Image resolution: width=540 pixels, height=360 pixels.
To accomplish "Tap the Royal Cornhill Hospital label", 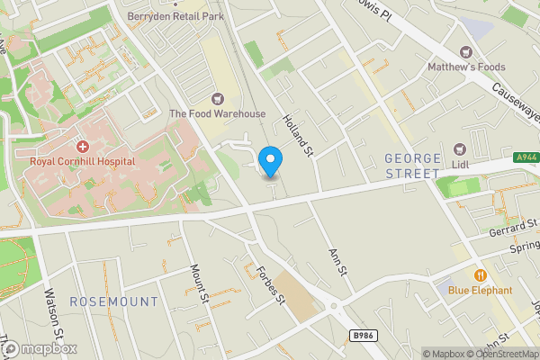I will (x=82, y=161).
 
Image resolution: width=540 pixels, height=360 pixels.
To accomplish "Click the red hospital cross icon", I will (x=82, y=146).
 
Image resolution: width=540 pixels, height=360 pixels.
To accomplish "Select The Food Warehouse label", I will (x=218, y=113).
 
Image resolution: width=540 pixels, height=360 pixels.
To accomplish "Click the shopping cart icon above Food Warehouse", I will (x=217, y=97).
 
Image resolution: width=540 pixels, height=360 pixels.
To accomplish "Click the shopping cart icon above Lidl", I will (x=461, y=148).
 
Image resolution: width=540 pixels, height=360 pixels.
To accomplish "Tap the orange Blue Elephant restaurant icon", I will (x=480, y=274).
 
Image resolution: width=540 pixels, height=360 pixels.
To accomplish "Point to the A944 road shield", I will (x=527, y=157).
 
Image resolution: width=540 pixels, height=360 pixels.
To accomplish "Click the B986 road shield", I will (x=363, y=336).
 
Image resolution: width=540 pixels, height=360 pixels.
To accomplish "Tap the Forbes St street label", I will (x=270, y=286).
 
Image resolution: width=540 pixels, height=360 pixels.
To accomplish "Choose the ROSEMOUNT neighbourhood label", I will (x=113, y=301).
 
